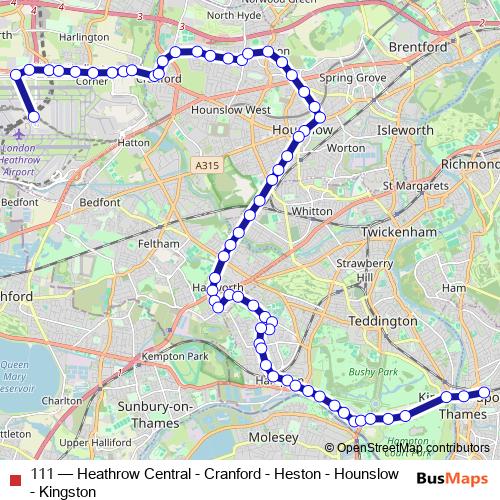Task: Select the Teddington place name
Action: [x=383, y=321]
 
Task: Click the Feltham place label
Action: [x=160, y=243]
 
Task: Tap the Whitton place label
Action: [x=311, y=212]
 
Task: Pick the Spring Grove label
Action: [x=351, y=77]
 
